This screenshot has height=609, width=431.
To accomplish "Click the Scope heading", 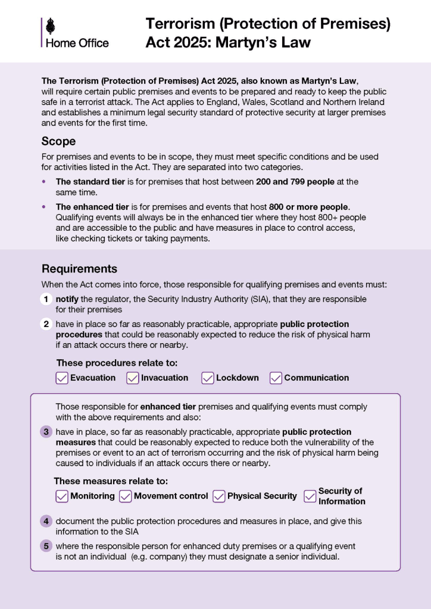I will [58, 142].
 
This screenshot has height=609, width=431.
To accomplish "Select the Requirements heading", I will [79, 269].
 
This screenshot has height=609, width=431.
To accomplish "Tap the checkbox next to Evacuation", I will [62, 378].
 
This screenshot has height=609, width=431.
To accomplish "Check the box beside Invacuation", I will [133, 378].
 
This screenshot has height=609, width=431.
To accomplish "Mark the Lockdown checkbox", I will [208, 378].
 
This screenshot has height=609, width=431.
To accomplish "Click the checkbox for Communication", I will [276, 378].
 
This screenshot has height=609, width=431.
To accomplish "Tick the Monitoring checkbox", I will [62, 496].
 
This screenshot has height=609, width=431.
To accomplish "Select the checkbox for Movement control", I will [126, 496].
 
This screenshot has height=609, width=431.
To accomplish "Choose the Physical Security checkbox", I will [219, 496].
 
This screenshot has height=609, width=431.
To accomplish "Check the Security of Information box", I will [310, 496].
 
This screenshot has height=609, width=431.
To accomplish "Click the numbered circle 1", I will [46, 299].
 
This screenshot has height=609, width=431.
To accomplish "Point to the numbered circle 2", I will [46, 324].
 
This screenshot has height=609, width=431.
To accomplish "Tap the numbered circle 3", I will [46, 432].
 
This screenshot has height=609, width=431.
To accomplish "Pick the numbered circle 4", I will [46, 521].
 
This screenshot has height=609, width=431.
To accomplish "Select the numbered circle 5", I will [46, 546].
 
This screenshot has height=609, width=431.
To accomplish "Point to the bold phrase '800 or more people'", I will [308, 207].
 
